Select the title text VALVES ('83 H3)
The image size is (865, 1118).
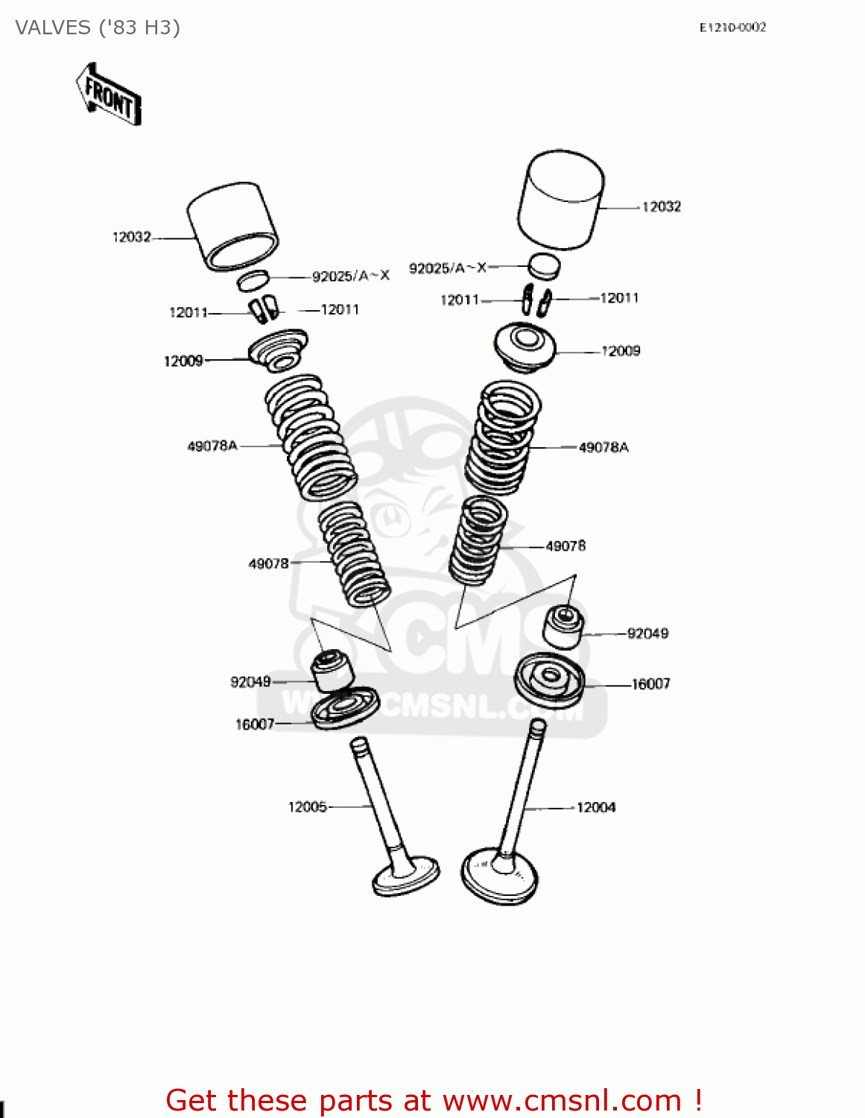[98, 28]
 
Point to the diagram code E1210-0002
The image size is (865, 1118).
[732, 28]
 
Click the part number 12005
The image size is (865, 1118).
[307, 806]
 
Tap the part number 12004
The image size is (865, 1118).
[596, 807]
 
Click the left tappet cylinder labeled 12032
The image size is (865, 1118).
[232, 225]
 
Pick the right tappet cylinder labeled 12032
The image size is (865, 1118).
[560, 199]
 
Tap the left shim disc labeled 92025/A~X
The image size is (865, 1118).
[253, 280]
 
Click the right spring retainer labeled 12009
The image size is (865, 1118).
[525, 346]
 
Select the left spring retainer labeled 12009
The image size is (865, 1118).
[278, 349]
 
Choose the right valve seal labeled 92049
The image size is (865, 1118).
[563, 627]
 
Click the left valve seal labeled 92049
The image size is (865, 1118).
[331, 670]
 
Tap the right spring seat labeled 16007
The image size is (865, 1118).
[550, 679]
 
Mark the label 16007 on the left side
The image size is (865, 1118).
[255, 724]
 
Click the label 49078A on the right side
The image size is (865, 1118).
[603, 447]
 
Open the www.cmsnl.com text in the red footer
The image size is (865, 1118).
[562, 1100]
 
